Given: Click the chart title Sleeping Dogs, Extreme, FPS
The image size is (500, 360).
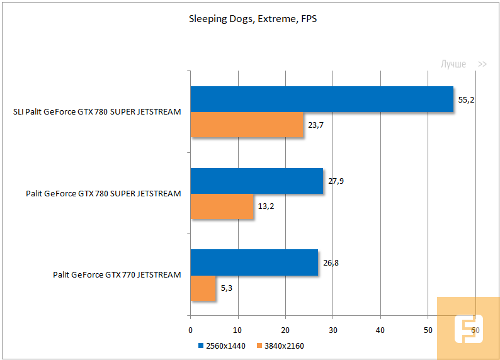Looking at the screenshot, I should (253, 19).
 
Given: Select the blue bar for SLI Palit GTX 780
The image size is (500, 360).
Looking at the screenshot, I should (322, 99).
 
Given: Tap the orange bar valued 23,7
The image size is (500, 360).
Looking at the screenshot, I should (247, 125).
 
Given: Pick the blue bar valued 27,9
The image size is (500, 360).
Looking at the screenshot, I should (256, 181).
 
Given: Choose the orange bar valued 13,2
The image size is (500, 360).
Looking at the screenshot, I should (222, 206).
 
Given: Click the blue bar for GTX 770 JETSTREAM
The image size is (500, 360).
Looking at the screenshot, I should (254, 262).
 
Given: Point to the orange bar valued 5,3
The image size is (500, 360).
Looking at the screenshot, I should (203, 288).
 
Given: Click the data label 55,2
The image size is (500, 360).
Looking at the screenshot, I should (467, 99).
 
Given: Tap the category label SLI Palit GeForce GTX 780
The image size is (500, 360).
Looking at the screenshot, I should (97, 112).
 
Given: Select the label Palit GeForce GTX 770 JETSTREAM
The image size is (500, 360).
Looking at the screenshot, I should (117, 274).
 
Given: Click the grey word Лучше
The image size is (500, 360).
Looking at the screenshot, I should (453, 64).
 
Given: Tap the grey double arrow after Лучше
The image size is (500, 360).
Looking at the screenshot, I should (482, 64).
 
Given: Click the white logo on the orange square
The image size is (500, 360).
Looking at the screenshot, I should (468, 329).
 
